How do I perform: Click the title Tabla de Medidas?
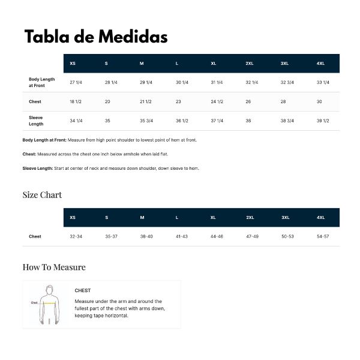95,37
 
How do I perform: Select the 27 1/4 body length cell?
76,82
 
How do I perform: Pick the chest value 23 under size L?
178,102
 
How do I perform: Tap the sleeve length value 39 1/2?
323,121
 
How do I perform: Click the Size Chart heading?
42,195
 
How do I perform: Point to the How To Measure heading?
54,267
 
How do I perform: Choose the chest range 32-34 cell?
76,236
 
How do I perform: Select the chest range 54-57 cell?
323,236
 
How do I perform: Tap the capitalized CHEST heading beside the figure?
83,290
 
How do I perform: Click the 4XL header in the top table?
320,64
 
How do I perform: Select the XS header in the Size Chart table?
73,217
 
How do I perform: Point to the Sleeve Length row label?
36,121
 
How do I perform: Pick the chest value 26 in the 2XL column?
248,102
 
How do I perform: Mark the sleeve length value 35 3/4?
146,121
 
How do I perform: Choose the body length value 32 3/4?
287,82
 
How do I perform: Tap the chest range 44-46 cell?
217,236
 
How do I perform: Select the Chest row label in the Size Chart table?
35,236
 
